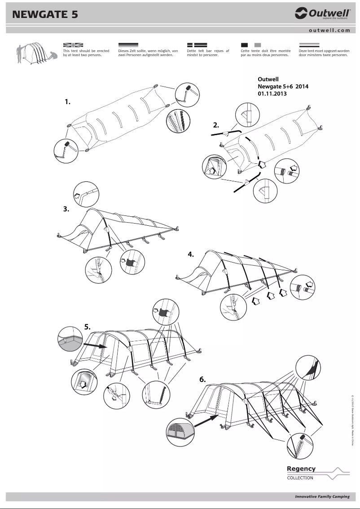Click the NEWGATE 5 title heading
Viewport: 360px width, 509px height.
[x=45, y=14]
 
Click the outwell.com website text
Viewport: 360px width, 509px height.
[x=329, y=31]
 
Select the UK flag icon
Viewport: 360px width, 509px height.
[x=73, y=45]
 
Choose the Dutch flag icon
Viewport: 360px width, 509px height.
[x=309, y=45]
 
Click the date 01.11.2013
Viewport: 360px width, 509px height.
[x=272, y=94]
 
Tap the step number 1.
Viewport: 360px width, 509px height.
[x=68, y=102]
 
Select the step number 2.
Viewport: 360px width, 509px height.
[x=216, y=125]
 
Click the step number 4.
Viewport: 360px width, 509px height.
[x=191, y=254]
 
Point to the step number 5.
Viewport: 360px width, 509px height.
[x=88, y=327]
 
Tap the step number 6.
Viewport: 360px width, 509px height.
[x=203, y=379]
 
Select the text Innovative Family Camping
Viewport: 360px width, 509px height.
[x=322, y=497]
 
